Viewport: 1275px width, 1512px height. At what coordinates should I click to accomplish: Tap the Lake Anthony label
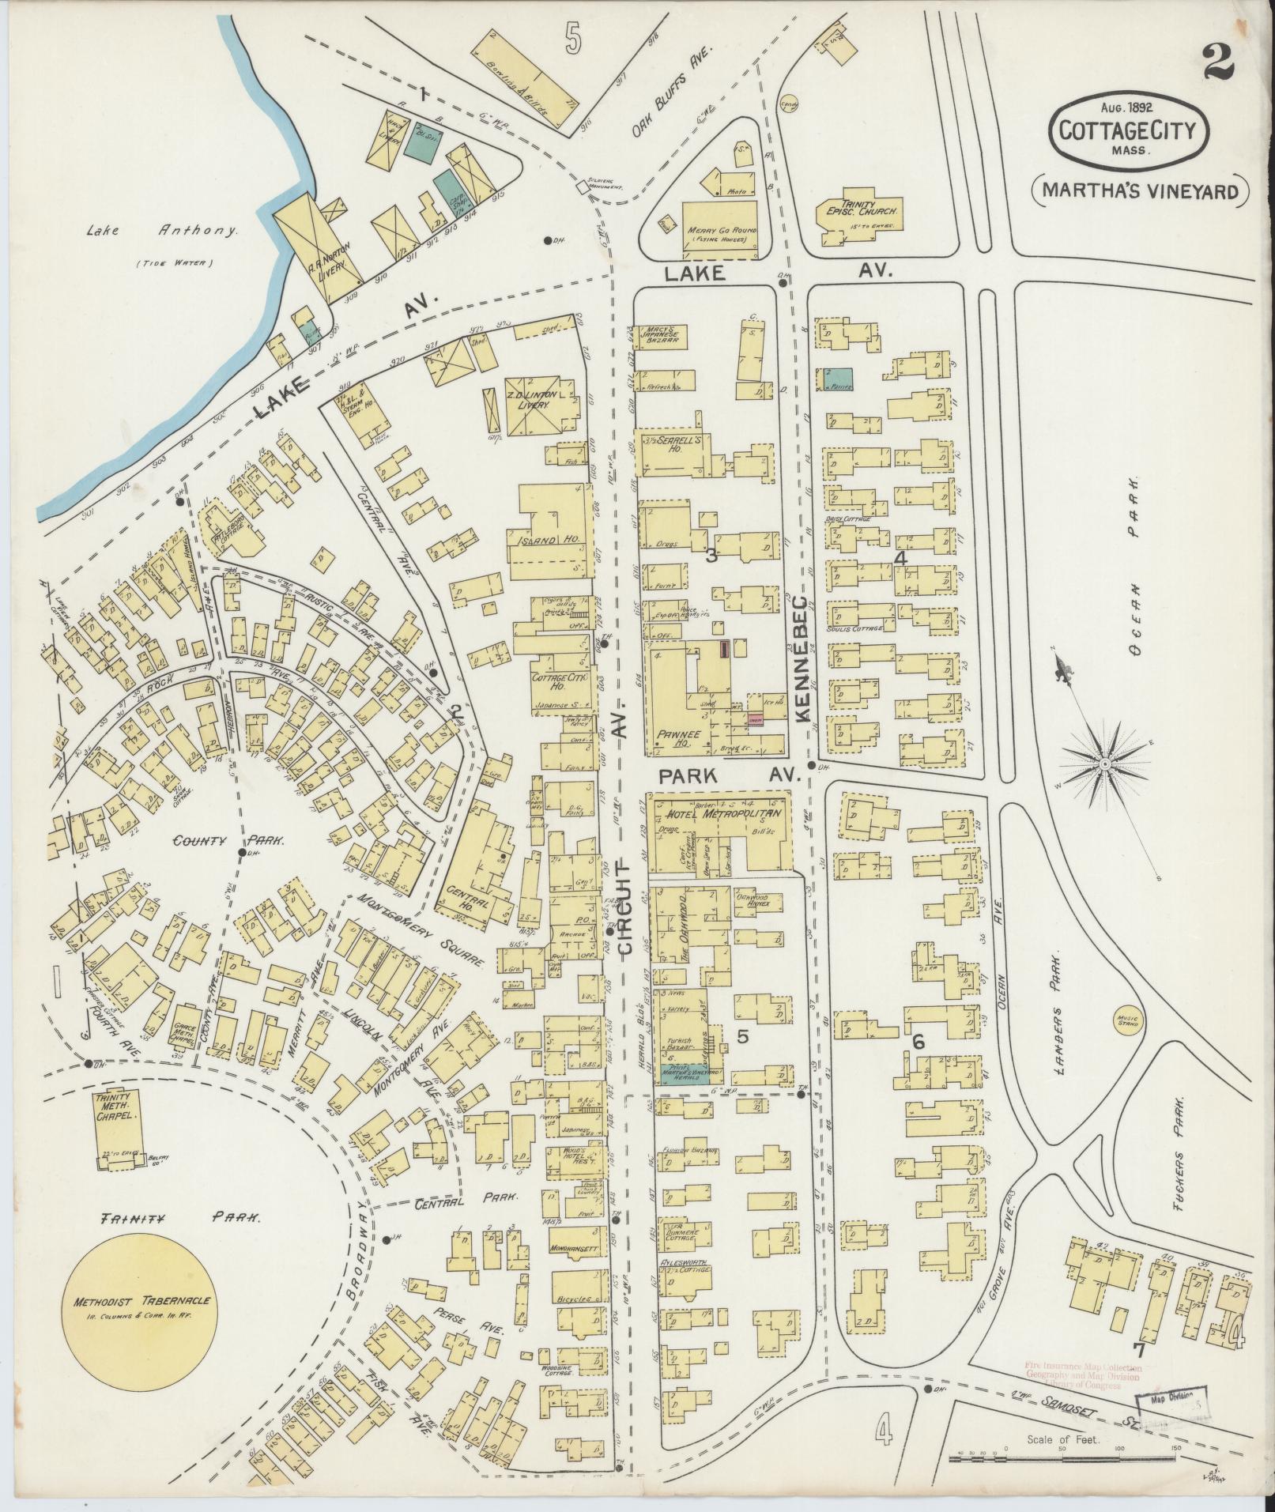click(x=161, y=232)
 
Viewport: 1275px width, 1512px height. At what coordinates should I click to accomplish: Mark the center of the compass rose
click(x=1104, y=764)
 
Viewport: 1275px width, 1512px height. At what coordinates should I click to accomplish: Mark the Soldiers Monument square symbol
click(x=583, y=187)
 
